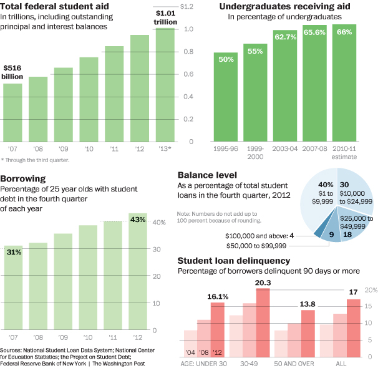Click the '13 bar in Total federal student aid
click(165, 87)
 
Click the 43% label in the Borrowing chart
click(138, 220)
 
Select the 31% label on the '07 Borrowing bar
click(14, 252)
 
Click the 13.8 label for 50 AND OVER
click(308, 303)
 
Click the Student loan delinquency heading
click(233, 260)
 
